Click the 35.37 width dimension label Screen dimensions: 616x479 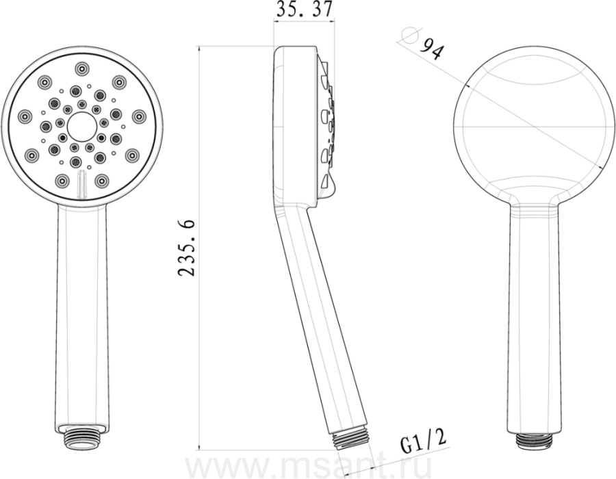(304, 10)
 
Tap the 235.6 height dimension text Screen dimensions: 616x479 (186, 248)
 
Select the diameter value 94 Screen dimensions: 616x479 (431, 49)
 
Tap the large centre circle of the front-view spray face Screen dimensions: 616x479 (81, 127)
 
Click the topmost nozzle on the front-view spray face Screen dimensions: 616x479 (81, 69)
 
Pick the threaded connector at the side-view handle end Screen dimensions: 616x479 (350, 439)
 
